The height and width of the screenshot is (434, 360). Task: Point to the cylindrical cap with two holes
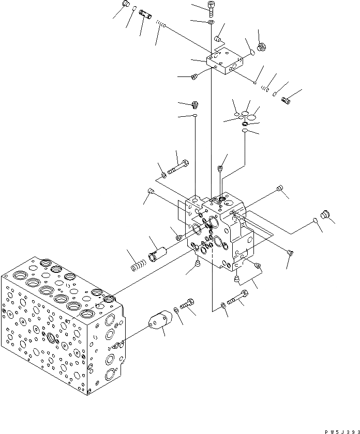[x=160, y=320]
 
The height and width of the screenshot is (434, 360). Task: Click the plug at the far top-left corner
[x=125, y=5]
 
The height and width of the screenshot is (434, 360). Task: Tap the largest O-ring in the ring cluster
[x=252, y=117]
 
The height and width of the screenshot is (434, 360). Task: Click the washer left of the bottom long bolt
[x=223, y=306]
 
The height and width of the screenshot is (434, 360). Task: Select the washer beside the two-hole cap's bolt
[x=177, y=309]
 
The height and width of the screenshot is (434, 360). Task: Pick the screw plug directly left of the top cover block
[x=194, y=77]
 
